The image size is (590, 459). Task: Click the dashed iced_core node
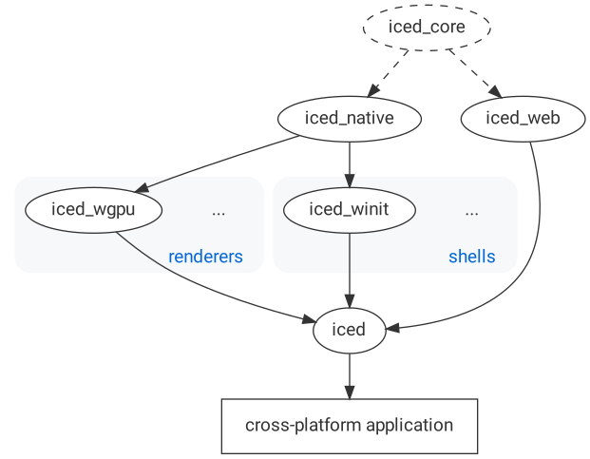coord(427,27)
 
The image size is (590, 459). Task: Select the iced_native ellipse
coord(349,119)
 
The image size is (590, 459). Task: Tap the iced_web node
coord(523,119)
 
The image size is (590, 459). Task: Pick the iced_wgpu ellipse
coord(93,211)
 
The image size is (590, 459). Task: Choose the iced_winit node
coord(349,211)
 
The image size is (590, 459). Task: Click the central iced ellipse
coord(349,330)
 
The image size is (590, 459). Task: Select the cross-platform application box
coord(349,425)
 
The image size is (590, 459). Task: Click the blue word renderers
coord(205,257)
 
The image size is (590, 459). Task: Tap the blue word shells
coord(471,257)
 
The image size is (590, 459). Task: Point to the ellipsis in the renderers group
coord(219,212)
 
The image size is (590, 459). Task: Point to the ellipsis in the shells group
coord(471,212)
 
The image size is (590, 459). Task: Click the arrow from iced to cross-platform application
coord(350,376)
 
